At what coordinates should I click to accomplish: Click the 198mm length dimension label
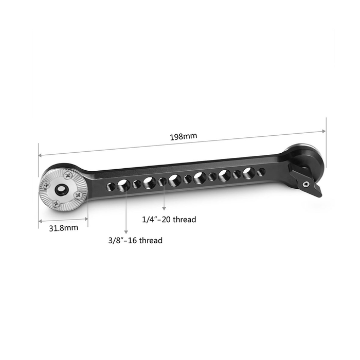(x=184, y=137)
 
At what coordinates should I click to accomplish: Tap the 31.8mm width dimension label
(x=64, y=227)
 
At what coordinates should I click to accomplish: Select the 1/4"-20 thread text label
(x=169, y=220)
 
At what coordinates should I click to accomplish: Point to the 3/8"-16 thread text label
(x=134, y=240)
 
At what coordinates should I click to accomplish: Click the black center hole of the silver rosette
(x=61, y=190)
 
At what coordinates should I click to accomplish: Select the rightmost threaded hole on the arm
(x=261, y=171)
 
